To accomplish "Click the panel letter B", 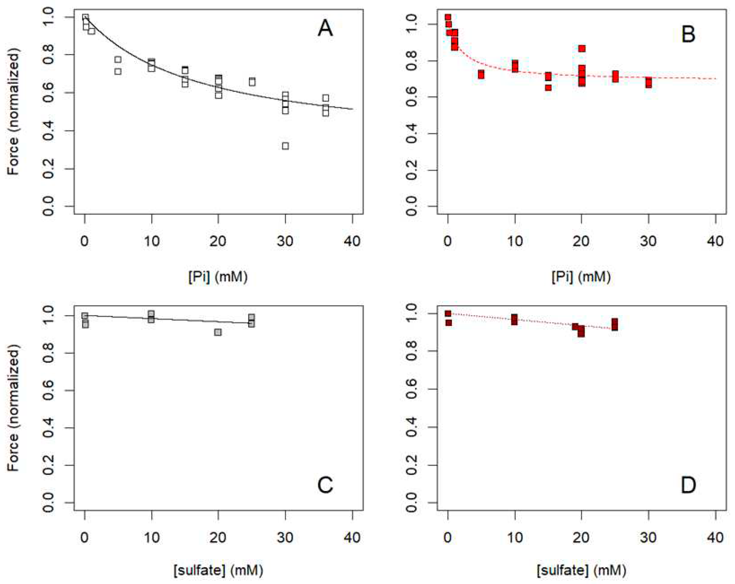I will [x=688, y=35].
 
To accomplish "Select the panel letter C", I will [x=325, y=485].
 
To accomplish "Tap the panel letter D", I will [x=688, y=485].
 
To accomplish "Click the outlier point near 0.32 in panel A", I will [x=285, y=146].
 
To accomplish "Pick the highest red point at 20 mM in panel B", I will [x=582, y=48].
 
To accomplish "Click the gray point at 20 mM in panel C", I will [x=218, y=332].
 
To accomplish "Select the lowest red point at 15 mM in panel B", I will [x=548, y=88].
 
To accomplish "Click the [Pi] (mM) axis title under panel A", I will [x=218, y=277].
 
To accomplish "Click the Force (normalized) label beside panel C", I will [x=14, y=408].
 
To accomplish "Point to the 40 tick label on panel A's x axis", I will [x=352, y=241].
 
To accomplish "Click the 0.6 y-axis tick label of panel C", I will [x=49, y=390].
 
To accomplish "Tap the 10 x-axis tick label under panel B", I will [x=514, y=241].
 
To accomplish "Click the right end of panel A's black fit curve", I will [x=352, y=109].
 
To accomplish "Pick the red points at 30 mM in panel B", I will [x=648, y=83].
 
